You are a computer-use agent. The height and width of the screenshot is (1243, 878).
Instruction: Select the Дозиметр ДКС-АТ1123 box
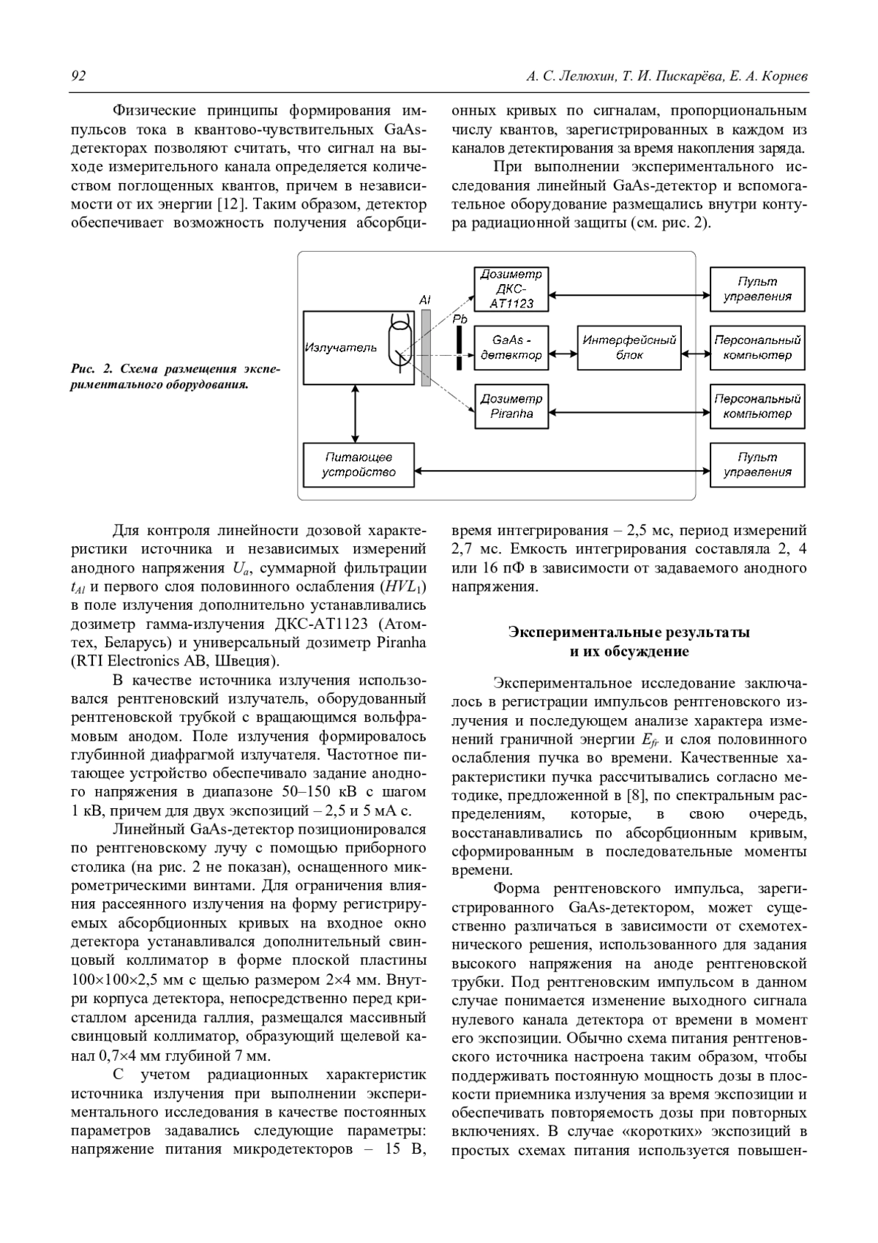pyautogui.click(x=511, y=288)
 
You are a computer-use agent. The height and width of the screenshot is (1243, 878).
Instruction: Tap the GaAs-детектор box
pyautogui.click(x=511, y=348)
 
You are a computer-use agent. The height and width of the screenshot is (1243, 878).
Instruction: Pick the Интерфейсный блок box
pyautogui.click(x=629, y=348)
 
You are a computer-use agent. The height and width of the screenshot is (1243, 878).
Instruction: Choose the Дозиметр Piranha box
pyautogui.click(x=511, y=406)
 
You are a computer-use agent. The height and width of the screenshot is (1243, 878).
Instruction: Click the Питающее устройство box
pyautogui.click(x=359, y=465)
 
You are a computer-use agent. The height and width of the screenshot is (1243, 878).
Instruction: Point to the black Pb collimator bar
pyautogui.click(x=459, y=348)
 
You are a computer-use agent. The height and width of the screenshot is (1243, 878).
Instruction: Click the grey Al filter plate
pyautogui.click(x=426, y=348)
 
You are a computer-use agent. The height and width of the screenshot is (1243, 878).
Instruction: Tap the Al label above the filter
pyautogui.click(x=425, y=300)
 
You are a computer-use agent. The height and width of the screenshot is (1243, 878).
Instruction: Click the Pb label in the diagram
pyautogui.click(x=459, y=320)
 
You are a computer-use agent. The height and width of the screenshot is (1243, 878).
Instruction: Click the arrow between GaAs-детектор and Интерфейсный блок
pyautogui.click(x=563, y=355)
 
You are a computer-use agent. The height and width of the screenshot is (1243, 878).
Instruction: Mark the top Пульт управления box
pyautogui.click(x=757, y=288)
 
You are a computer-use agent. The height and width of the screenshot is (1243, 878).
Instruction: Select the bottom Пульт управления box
pyautogui.click(x=757, y=465)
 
